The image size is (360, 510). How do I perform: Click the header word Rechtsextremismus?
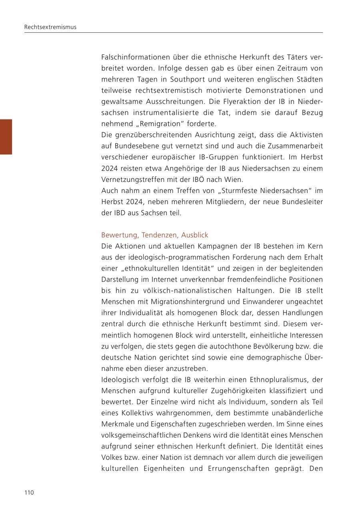tap(50, 27)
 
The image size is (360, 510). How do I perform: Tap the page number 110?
tap(29, 492)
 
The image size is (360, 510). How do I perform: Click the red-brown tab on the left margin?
tap(6, 137)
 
